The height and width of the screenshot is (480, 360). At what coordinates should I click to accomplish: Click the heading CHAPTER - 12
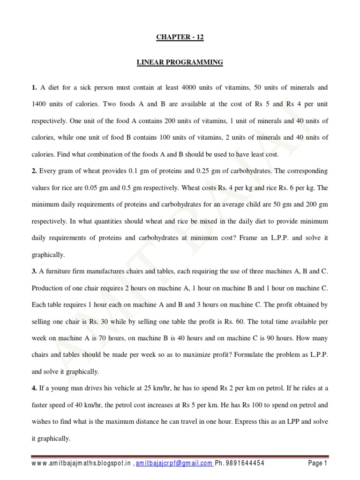click(180, 37)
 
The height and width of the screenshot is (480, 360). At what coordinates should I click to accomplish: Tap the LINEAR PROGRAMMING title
click(180, 62)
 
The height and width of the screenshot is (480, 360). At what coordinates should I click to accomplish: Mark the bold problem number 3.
click(35, 270)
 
